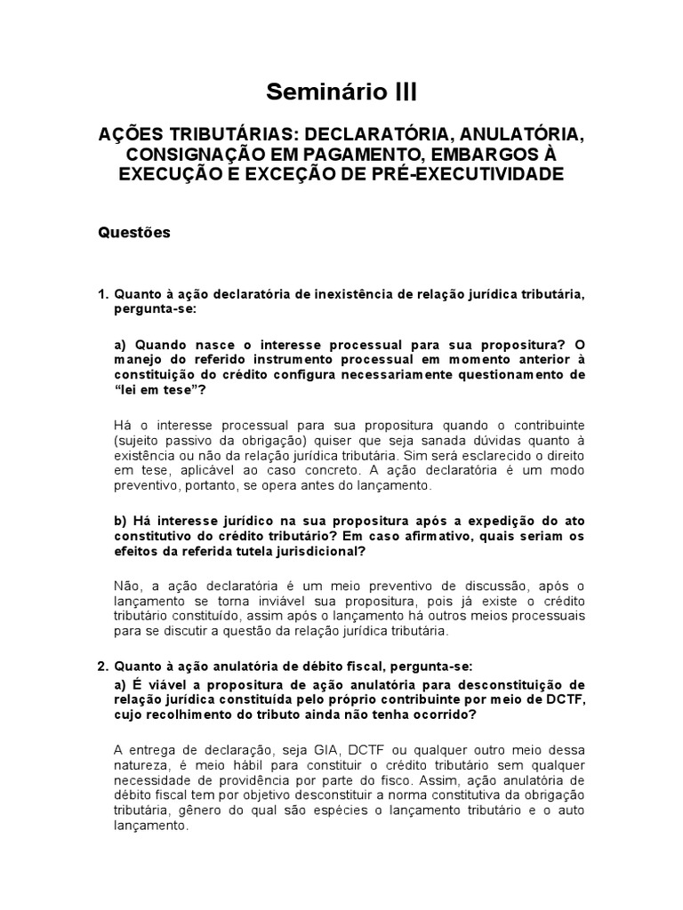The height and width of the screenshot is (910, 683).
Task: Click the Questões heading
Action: (x=133, y=232)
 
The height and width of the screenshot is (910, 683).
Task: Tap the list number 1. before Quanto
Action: (x=102, y=294)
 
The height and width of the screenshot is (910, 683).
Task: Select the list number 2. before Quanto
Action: (x=102, y=666)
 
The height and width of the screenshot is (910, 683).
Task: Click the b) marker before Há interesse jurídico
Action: (x=122, y=519)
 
